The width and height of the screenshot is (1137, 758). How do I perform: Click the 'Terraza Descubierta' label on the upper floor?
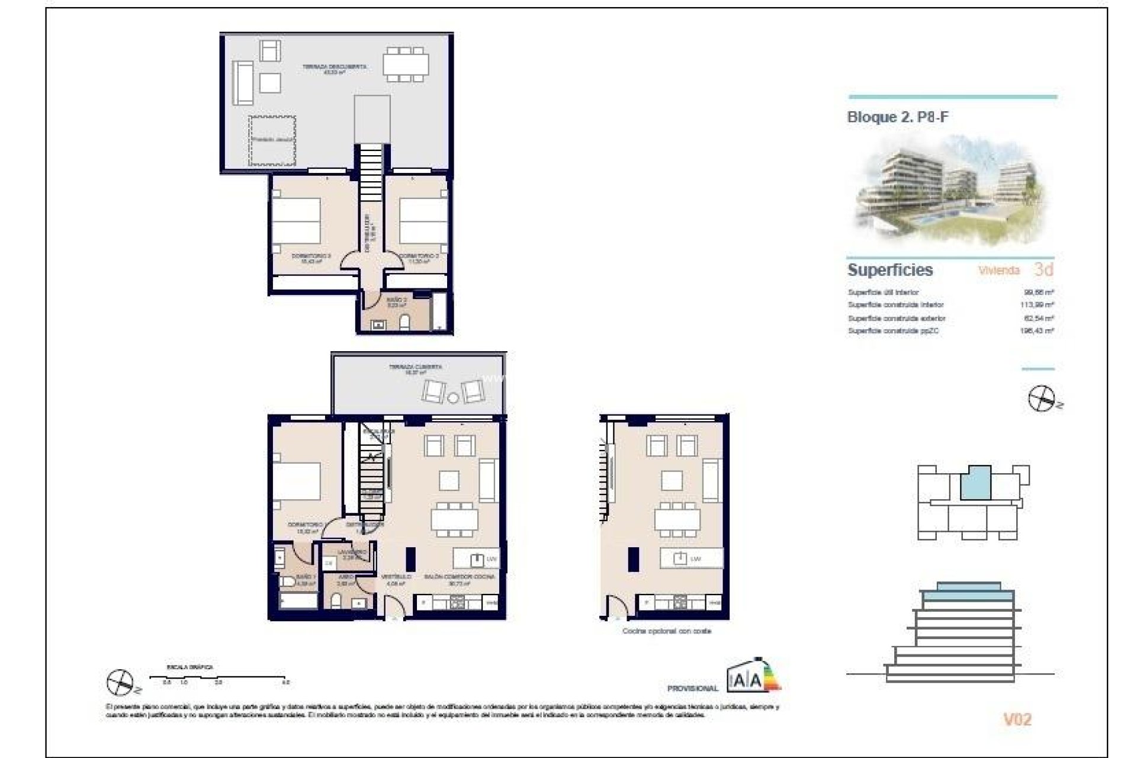(334, 69)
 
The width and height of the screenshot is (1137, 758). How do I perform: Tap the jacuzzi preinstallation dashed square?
(272, 141)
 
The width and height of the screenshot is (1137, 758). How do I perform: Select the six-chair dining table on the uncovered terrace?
(406, 64)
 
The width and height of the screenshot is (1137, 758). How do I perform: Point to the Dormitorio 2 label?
(419, 258)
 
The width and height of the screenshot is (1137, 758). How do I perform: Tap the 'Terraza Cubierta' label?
(415, 370)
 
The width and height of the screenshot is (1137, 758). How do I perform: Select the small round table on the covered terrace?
(453, 397)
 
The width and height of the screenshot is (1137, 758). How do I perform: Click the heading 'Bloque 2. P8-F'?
(897, 117)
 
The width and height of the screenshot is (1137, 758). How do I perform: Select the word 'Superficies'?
(889, 270)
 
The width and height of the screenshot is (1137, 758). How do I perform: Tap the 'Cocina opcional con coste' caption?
(666, 631)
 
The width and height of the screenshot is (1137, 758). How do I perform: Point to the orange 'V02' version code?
(1017, 720)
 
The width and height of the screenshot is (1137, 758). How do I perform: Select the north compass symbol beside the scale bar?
(120, 683)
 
